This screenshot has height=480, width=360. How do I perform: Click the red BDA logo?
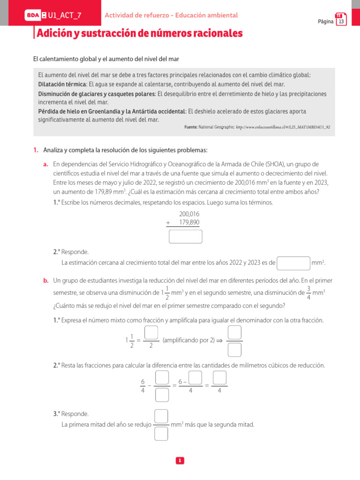33,15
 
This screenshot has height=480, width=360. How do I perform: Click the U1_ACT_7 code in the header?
64,15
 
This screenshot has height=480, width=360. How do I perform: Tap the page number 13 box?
341,21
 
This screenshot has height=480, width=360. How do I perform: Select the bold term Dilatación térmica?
62,84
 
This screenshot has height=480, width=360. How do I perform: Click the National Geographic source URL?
286,127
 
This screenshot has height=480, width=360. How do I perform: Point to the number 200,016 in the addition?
189,214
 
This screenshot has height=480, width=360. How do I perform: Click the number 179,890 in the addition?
189,222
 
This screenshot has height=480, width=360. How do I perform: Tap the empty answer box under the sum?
186,237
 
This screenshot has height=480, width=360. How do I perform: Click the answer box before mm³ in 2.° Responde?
293,263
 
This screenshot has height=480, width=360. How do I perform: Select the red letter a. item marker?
45,164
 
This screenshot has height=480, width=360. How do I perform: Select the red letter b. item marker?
45,280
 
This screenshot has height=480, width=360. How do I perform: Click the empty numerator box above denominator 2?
150,332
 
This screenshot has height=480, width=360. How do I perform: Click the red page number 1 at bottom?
180,461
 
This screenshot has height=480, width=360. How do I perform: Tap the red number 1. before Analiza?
36,150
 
